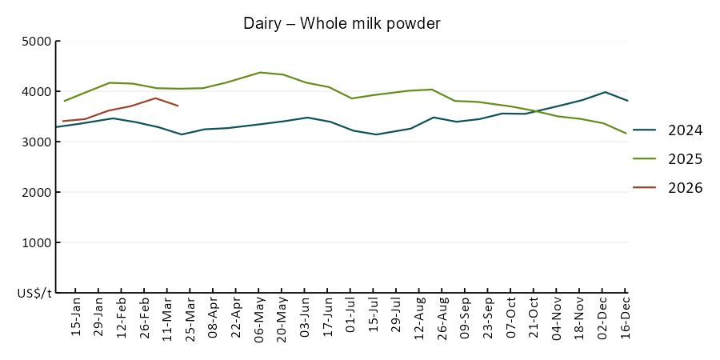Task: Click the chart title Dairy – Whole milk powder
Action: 342,24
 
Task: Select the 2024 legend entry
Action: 685,130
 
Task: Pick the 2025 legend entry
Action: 685,159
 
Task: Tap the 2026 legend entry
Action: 685,188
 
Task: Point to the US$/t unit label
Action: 34,294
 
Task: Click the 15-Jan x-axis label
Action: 76,319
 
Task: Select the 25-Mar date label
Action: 190,319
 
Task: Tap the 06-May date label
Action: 259,319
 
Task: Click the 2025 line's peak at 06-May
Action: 259,72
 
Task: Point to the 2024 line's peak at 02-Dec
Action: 604,92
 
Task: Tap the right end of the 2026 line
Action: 178,106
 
